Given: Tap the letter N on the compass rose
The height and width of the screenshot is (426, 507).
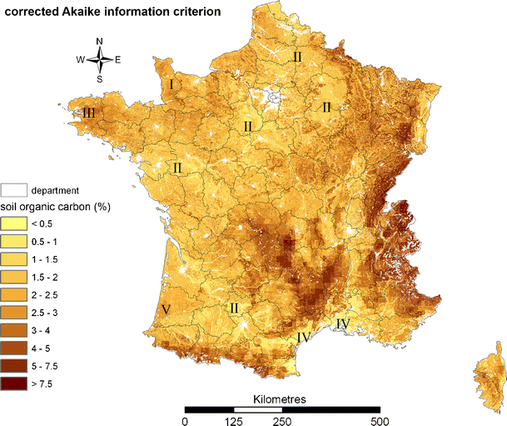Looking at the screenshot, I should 100,41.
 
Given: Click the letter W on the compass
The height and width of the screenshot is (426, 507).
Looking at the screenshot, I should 81,59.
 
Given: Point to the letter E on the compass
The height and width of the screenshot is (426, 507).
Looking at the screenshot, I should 118,59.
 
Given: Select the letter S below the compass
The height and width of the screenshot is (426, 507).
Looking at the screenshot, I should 100,79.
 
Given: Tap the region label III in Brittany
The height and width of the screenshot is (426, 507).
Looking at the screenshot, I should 88,113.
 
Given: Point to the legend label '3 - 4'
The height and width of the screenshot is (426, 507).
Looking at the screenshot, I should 42,331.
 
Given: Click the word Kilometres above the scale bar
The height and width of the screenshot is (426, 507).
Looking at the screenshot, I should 281,399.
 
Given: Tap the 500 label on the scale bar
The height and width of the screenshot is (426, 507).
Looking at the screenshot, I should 380,420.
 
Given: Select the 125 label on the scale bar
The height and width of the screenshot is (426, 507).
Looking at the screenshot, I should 234,420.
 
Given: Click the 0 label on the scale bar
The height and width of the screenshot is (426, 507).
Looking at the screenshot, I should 185,420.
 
